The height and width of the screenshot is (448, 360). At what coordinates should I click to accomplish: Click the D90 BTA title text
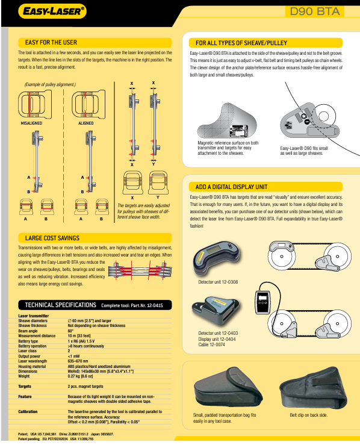tap(314, 11)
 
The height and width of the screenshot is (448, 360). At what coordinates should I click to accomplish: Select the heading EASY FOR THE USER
tap(51, 43)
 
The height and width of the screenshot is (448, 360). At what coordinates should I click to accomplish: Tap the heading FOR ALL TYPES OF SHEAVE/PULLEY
tap(242, 43)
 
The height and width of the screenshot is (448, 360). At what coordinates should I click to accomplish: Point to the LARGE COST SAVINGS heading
tap(52, 238)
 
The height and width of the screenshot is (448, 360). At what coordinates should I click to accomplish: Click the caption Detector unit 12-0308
tap(218, 282)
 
